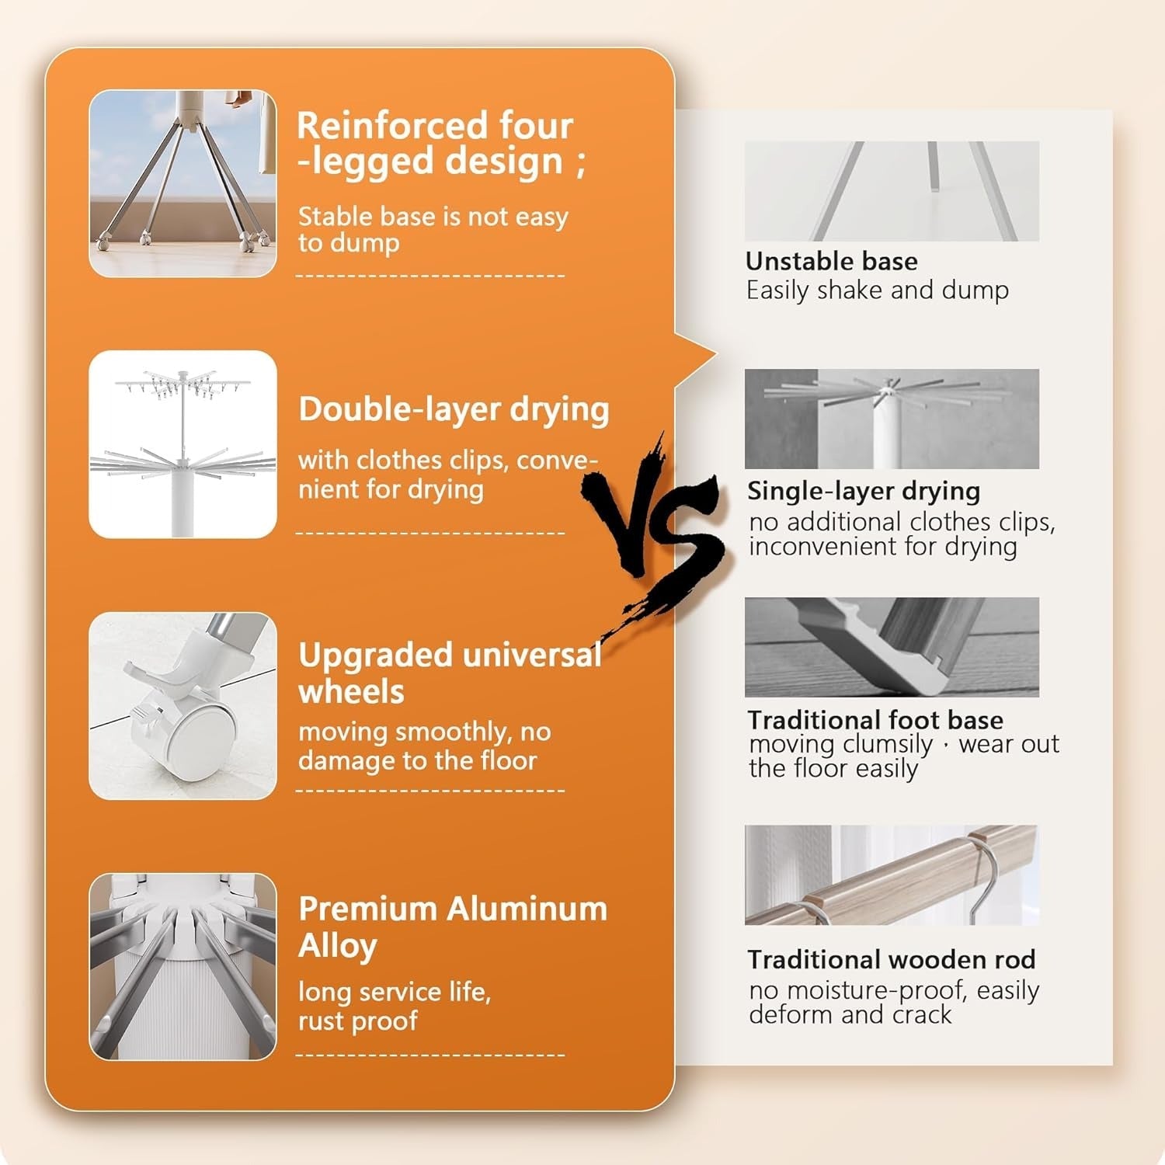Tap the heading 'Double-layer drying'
454,410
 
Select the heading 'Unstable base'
831,261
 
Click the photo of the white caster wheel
183,705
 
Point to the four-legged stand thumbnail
183,183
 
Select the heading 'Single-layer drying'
863,491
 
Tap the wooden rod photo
891,875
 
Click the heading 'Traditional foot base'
875,720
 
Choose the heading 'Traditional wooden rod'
891,960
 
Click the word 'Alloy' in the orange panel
338,947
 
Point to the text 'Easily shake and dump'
877,290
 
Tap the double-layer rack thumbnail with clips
183,444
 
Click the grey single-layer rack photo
891,419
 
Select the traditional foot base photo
891,647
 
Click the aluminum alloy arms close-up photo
183,967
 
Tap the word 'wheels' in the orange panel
351,692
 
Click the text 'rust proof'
357,1021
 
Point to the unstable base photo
891,191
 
